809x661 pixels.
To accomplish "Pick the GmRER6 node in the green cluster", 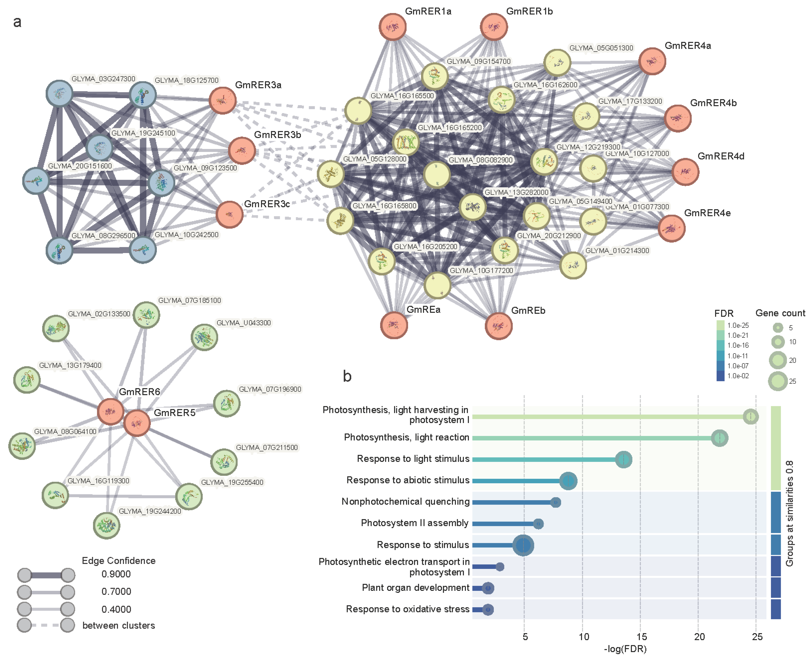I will tap(110, 412).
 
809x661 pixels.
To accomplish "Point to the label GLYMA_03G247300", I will tap(103, 79).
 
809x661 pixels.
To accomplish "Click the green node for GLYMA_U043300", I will tap(204, 337).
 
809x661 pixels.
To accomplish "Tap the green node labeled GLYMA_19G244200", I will tap(107, 525).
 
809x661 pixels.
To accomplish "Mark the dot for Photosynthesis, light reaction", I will tap(719, 438).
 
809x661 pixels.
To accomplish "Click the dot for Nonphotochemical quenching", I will tap(556, 502).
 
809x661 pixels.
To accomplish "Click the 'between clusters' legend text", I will tap(119, 626).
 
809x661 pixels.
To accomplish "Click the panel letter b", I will tap(347, 376).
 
